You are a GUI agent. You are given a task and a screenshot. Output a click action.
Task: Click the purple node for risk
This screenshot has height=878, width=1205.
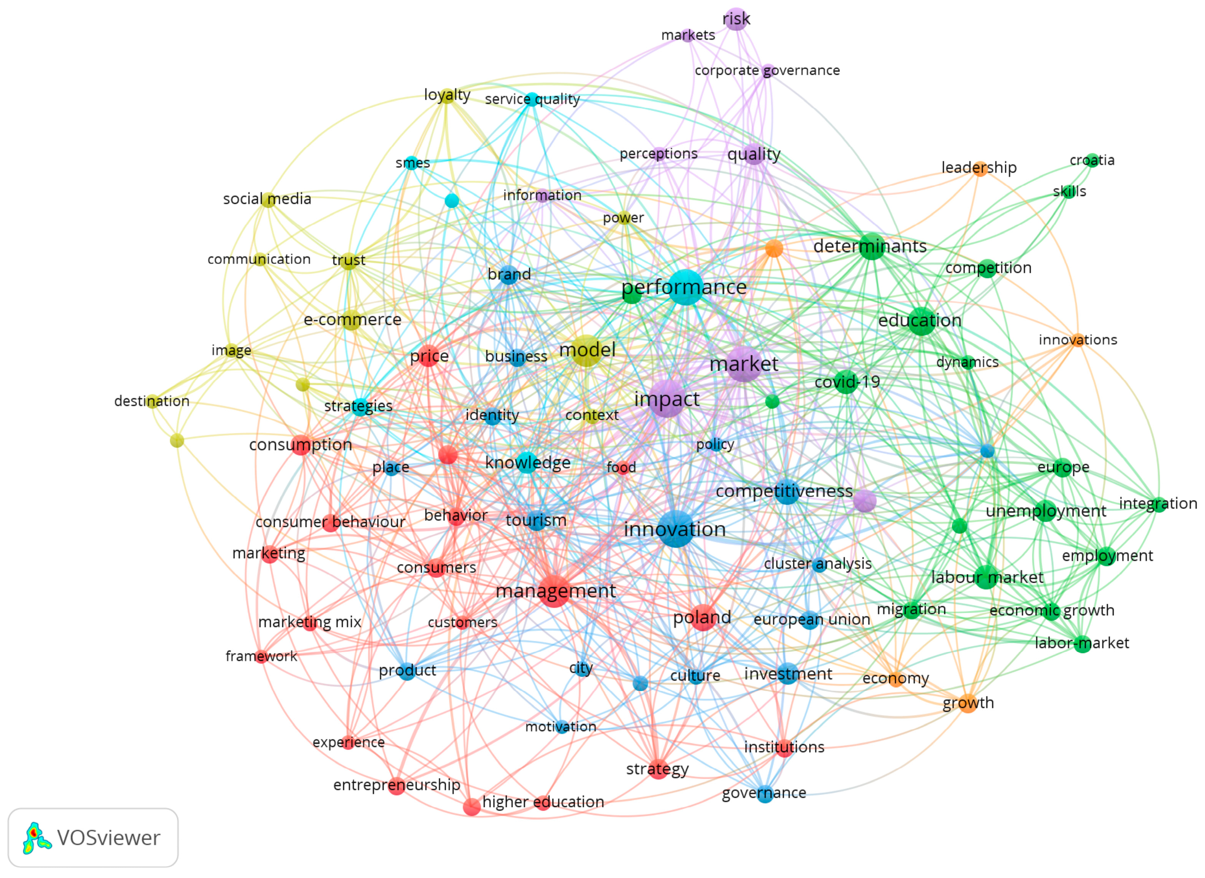736,19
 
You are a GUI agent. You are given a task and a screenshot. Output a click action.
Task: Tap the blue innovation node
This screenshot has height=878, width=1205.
675,529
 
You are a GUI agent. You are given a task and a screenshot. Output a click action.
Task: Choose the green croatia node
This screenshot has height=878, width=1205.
1092,160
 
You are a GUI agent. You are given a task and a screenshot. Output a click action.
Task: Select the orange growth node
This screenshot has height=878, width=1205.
968,703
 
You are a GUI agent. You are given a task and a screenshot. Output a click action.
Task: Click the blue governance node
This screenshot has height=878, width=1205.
764,794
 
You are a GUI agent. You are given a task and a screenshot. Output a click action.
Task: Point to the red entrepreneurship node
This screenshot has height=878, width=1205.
397,786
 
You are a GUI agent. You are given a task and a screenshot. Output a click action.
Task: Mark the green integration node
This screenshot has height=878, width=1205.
1158,504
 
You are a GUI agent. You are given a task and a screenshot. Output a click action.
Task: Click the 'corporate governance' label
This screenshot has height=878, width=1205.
767,70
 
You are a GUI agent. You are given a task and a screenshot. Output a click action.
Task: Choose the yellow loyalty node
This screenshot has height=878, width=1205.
447,95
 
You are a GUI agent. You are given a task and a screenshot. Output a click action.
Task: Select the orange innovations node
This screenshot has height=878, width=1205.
1077,340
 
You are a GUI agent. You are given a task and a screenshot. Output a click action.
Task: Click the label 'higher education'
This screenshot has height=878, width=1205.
543,802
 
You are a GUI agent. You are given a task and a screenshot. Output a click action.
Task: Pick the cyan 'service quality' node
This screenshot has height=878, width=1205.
531,99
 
